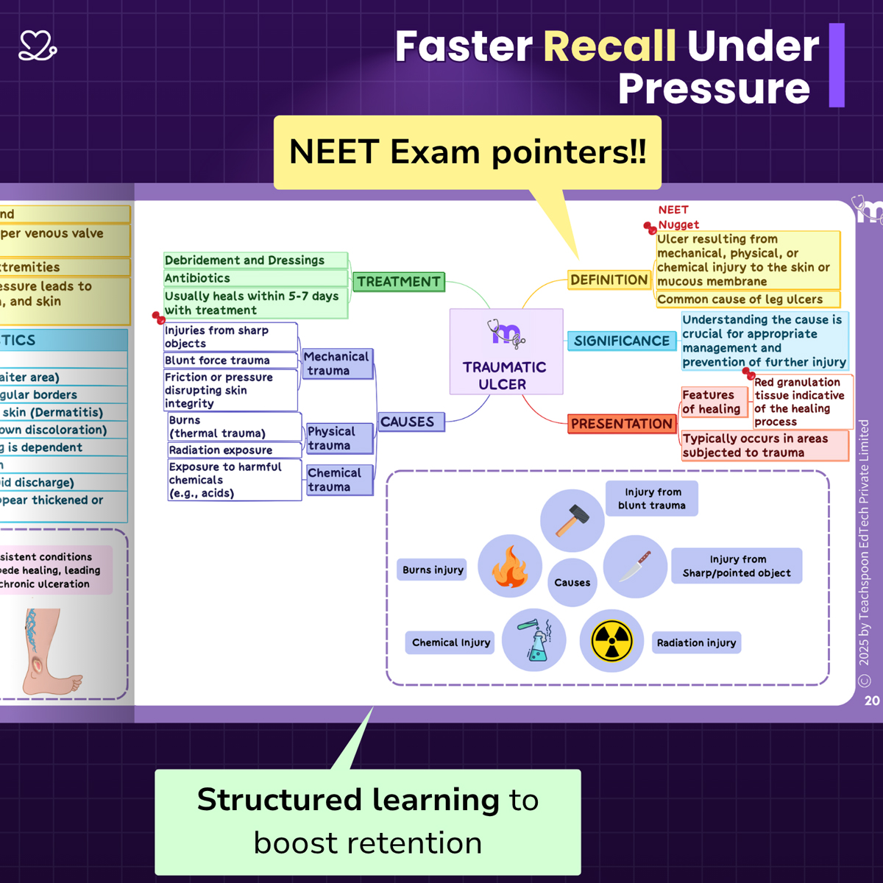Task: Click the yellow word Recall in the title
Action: (x=609, y=46)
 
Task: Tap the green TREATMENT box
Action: (x=399, y=282)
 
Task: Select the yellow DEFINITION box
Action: (x=609, y=280)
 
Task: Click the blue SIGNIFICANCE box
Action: (x=622, y=341)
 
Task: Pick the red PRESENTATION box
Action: (x=622, y=424)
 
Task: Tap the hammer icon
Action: (x=572, y=520)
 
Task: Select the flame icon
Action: (x=510, y=566)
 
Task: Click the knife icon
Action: (x=635, y=566)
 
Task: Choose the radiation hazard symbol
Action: (x=611, y=641)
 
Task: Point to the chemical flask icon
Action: (x=535, y=639)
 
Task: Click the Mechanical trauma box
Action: (x=337, y=364)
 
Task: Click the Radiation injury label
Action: (x=696, y=642)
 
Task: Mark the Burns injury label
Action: (x=433, y=570)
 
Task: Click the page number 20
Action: (x=872, y=701)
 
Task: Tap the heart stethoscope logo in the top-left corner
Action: (x=38, y=46)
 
